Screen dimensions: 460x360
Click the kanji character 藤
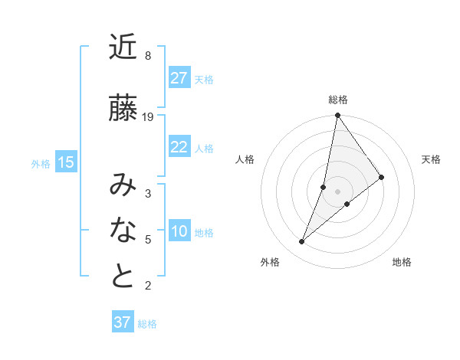click(x=123, y=108)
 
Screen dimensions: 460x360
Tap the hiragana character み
click(x=123, y=185)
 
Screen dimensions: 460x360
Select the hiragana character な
click(x=123, y=230)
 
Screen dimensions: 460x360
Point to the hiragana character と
click(x=123, y=277)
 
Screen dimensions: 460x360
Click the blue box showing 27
click(x=179, y=77)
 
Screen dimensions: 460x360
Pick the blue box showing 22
click(x=179, y=147)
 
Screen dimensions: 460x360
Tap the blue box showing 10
click(x=179, y=231)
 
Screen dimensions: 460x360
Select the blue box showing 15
click(x=66, y=162)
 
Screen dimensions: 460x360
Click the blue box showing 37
click(x=123, y=322)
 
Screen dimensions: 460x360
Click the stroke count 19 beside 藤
click(x=148, y=117)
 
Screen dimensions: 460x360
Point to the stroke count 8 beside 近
click(x=148, y=56)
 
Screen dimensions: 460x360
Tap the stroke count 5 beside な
click(x=148, y=240)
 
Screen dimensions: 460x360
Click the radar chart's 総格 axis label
click(x=337, y=100)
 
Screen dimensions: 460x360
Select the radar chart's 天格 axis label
click(x=431, y=159)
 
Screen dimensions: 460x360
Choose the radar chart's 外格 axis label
click(x=270, y=262)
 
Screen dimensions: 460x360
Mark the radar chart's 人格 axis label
click(x=245, y=159)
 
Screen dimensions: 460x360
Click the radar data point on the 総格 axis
click(x=337, y=116)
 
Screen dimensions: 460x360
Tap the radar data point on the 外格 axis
click(x=302, y=242)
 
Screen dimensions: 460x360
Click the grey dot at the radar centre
click(x=337, y=191)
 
